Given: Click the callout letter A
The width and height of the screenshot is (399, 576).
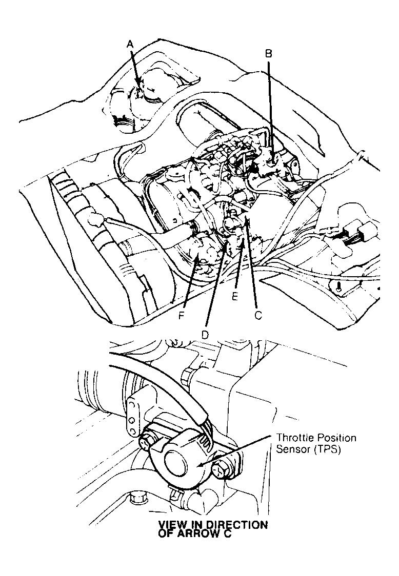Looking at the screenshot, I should point(131,45).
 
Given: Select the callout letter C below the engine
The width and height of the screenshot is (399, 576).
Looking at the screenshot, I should point(258,316).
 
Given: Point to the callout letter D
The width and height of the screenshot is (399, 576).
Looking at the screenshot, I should point(205,334).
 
